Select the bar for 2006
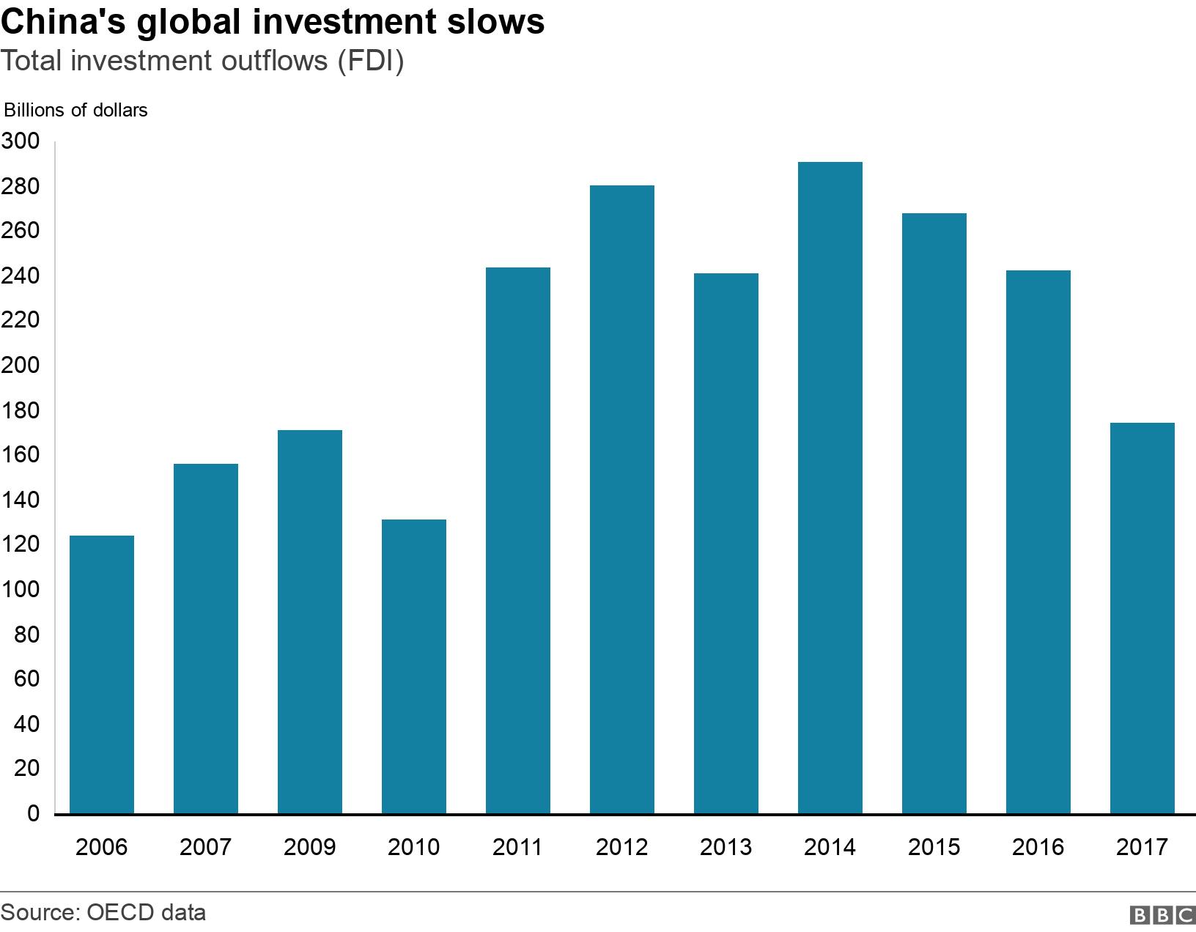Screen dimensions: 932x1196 pyautogui.click(x=102, y=674)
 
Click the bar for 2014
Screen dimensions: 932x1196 pyautogui.click(x=830, y=487)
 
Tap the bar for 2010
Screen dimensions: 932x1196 pyautogui.click(x=414, y=666)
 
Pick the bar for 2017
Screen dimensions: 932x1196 pyautogui.click(x=1143, y=618)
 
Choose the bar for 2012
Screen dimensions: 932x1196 pyautogui.click(x=622, y=499)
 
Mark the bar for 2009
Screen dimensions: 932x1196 pyautogui.click(x=310, y=621)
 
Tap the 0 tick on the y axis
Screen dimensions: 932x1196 pyautogui.click(x=32, y=814)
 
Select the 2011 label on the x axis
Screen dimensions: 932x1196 pyautogui.click(x=517, y=848)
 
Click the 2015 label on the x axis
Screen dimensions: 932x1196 pyautogui.click(x=934, y=848)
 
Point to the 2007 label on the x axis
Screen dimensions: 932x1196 pyautogui.click(x=205, y=848)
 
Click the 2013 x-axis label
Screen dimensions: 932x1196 pyautogui.click(x=726, y=848)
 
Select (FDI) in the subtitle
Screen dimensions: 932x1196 pyautogui.click(x=369, y=62)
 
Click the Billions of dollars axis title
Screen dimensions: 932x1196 pyautogui.click(x=76, y=111)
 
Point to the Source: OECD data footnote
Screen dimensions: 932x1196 pyautogui.click(x=103, y=913)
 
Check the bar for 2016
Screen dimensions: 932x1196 pyautogui.click(x=1038, y=542)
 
